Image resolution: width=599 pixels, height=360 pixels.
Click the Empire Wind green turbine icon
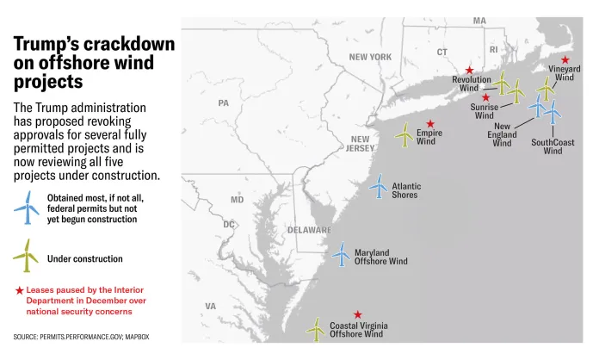[404, 134]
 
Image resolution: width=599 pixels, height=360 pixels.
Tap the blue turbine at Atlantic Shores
[379, 186]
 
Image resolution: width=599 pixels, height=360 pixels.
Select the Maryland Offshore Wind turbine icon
[342, 254]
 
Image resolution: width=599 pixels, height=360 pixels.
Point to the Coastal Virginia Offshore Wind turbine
[318, 327]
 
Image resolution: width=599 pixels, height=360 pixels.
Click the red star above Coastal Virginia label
[358, 315]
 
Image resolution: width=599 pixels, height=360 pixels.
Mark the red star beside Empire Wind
[430, 124]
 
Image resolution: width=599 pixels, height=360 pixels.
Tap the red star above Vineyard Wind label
[565, 59]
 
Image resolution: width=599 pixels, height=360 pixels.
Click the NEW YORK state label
[370, 57]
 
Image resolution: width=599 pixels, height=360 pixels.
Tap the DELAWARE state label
[310, 230]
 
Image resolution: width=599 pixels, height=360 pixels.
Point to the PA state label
[224, 103]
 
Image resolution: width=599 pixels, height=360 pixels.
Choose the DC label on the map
[229, 225]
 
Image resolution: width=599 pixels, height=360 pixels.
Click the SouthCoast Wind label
[553, 146]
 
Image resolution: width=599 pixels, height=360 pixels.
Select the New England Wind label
[502, 134]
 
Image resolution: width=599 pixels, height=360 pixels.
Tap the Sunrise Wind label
[484, 111]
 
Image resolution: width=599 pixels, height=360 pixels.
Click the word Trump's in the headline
[51, 45]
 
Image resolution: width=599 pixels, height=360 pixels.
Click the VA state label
[210, 306]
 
